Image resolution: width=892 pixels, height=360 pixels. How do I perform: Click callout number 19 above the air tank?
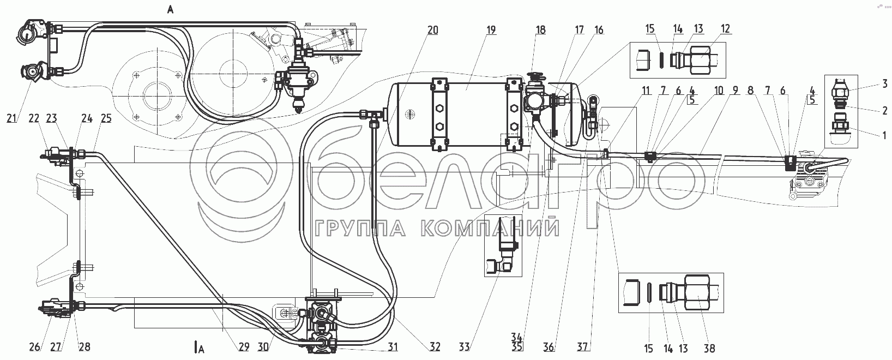[491, 30]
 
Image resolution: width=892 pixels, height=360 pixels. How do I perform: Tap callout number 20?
[433, 30]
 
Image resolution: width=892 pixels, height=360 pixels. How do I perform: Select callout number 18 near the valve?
[540, 30]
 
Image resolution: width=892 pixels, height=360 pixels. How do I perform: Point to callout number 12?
[725, 29]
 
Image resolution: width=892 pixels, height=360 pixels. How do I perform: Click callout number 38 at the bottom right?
[709, 349]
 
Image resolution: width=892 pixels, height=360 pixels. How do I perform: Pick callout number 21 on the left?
[11, 118]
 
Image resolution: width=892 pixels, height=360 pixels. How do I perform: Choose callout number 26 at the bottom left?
[35, 347]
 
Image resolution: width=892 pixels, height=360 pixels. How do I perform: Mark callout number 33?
[465, 347]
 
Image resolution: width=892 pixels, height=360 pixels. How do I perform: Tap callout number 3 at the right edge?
[884, 83]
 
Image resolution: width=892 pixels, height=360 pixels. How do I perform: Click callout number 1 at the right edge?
[884, 135]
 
